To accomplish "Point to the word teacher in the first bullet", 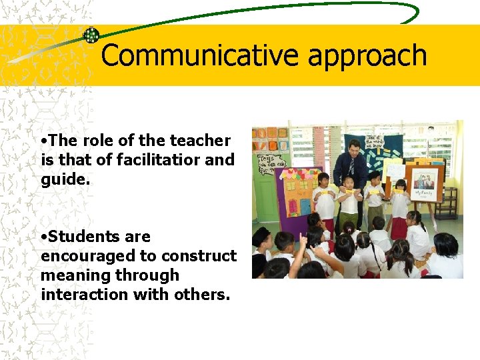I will click(x=200, y=141).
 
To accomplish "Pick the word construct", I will click(x=203, y=256).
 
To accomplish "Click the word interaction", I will click(x=84, y=295).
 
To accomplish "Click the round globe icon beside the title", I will click(x=91, y=35).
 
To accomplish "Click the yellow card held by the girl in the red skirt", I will click(x=399, y=191).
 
